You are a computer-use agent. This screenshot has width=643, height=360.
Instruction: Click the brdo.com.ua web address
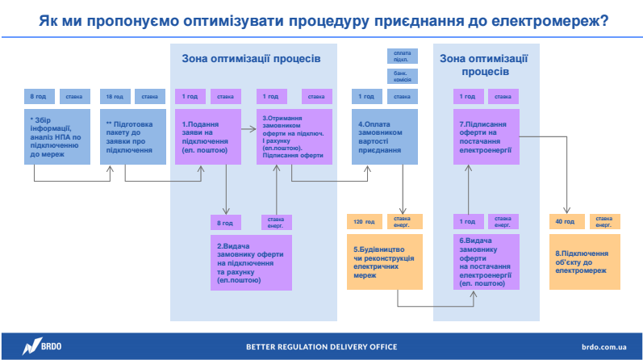603,346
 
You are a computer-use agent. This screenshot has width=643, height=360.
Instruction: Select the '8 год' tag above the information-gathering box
38,97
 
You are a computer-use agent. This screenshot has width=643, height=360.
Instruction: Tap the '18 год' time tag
115,97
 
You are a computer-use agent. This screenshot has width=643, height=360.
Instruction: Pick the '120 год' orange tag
364,221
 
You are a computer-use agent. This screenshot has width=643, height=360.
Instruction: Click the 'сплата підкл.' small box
402,57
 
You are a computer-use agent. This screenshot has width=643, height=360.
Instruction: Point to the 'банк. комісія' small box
402,76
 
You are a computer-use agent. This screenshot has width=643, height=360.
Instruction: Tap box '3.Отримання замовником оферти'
290,137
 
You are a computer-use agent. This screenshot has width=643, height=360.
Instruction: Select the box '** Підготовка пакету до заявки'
134,137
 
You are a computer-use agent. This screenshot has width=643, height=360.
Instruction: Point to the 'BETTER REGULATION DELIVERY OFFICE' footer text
321,347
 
